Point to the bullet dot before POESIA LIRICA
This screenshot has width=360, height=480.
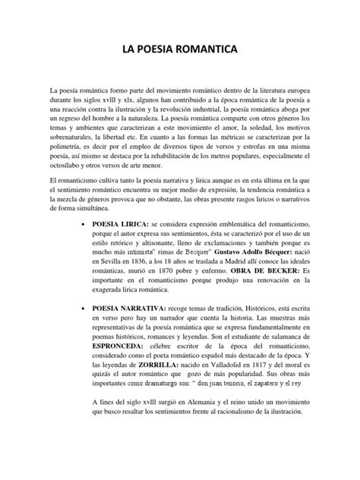(x=83, y=226)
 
